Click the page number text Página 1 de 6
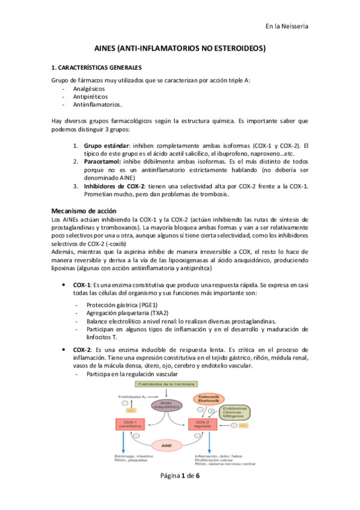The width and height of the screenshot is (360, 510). click(x=180, y=492)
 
